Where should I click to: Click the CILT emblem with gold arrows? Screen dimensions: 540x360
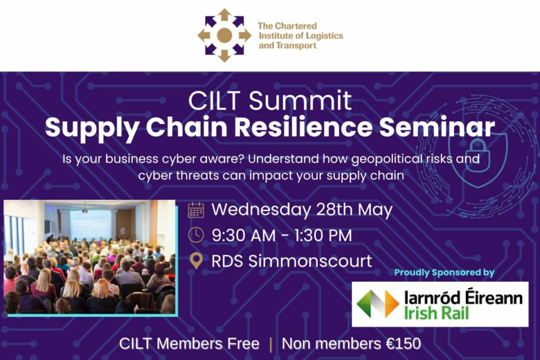click(224, 35)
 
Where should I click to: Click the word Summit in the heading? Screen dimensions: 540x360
click(300, 101)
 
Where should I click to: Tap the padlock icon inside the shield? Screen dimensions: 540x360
click(478, 155)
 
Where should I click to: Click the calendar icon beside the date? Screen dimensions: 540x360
click(196, 210)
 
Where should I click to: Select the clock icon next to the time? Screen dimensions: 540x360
click(196, 235)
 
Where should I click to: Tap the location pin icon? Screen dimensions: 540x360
click(196, 261)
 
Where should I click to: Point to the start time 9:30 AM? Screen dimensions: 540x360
click(244, 236)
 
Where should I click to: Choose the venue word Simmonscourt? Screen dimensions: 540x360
click(310, 261)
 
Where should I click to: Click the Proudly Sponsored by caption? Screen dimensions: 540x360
click(444, 272)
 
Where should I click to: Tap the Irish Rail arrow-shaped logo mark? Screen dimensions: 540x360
click(378, 304)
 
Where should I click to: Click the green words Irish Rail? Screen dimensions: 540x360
click(436, 313)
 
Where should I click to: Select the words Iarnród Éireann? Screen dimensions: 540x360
click(463, 298)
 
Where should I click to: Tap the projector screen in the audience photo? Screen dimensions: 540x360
click(90, 224)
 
